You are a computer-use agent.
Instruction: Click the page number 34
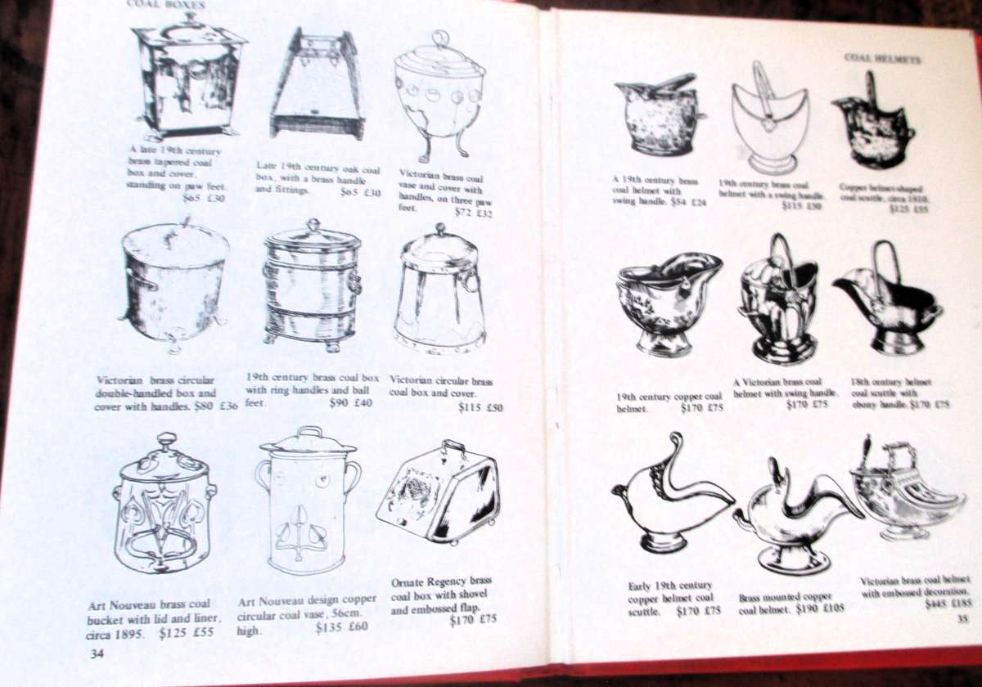point(97,653)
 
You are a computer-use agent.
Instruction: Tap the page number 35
point(962,619)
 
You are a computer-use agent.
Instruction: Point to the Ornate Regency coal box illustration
point(439,492)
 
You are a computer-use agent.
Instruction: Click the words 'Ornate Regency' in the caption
point(429,582)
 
